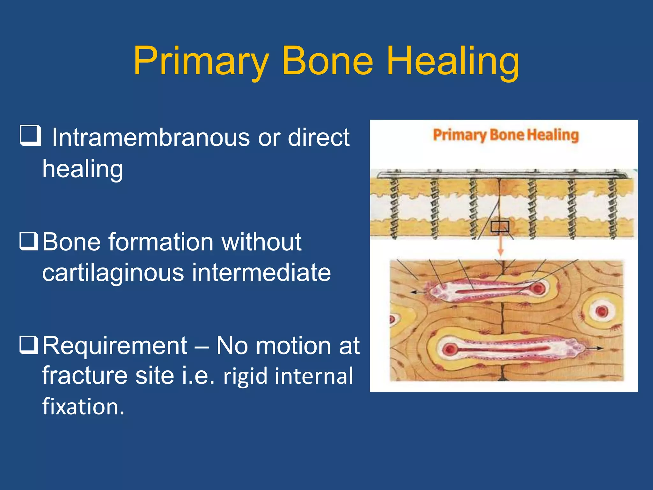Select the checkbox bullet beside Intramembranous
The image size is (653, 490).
(30, 136)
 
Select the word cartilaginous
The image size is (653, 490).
(113, 273)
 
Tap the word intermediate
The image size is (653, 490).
(261, 273)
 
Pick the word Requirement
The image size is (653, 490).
(115, 346)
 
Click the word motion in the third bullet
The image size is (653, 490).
(293, 346)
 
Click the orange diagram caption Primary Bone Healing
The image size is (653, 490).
(506, 135)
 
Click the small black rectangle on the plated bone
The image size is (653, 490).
(500, 226)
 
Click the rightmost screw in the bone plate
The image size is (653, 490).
(612, 207)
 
